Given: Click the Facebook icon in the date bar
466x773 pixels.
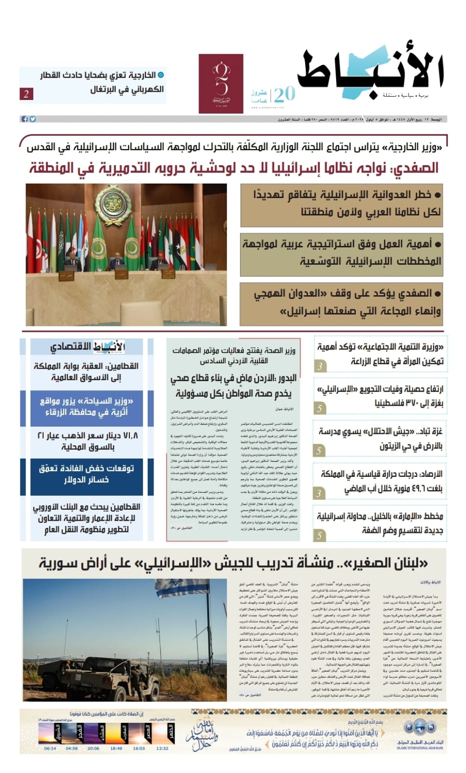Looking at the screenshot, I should (x=24, y=119).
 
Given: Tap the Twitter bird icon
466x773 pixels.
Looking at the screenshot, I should (x=32, y=119).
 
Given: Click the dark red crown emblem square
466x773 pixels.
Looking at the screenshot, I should (x=221, y=84).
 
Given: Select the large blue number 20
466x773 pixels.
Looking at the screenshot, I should (x=284, y=93).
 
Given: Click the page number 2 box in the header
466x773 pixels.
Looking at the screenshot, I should (x=26, y=94).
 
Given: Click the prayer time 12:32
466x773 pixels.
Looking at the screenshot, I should (x=162, y=748).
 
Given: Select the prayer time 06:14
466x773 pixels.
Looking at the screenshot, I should (x=50, y=748).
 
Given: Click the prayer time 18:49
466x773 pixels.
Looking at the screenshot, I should (x=116, y=748).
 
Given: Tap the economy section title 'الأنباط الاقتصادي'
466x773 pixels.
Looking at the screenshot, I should (x=87, y=346).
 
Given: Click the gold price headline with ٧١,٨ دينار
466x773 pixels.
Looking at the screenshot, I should (x=87, y=441).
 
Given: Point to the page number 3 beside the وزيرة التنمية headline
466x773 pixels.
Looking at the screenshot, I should (x=319, y=366).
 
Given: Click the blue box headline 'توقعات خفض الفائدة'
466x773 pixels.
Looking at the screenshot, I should (x=87, y=474).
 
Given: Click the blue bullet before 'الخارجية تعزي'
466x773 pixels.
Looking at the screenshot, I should (x=161, y=75).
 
